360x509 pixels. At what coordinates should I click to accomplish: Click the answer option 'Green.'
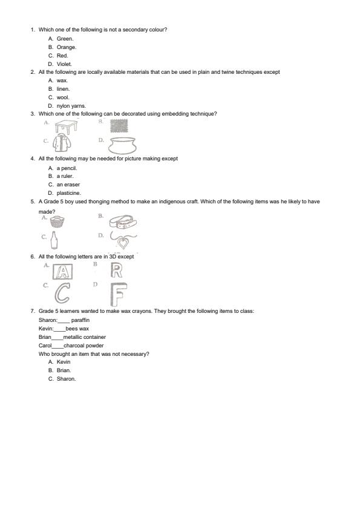pos(65,38)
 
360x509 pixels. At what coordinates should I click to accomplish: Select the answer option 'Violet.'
pos(64,64)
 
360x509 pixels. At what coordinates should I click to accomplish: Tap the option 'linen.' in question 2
pos(64,89)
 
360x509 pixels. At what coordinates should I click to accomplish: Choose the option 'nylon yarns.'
pos(71,106)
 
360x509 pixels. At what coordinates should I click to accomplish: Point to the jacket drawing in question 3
pos(61,143)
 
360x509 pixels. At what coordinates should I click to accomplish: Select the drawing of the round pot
pos(123,144)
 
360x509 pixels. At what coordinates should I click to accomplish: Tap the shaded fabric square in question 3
pos(119,125)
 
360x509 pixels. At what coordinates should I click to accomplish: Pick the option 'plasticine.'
pos(68,193)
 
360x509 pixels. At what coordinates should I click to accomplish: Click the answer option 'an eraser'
pos(68,185)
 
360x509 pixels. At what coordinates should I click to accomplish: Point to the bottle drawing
pos(55,240)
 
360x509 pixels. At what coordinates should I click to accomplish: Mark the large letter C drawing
pos(62,294)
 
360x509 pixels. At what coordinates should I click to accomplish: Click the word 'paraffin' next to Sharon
pos(80,320)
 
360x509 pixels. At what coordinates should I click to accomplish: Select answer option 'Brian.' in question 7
pos(64,370)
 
